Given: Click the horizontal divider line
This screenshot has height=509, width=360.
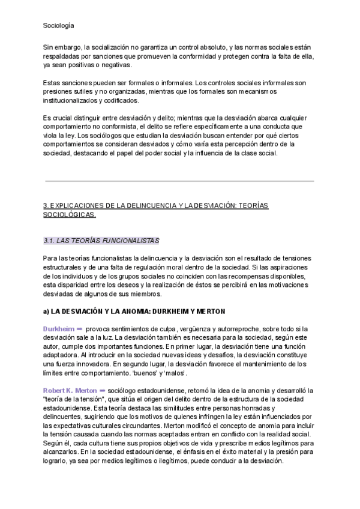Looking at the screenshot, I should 180,181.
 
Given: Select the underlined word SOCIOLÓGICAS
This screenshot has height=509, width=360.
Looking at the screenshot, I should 70,215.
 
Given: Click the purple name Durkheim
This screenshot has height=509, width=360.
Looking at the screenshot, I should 59,329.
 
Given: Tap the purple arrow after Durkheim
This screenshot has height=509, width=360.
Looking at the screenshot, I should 80,329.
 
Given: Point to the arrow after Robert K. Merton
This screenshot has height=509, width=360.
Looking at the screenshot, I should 103,390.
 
